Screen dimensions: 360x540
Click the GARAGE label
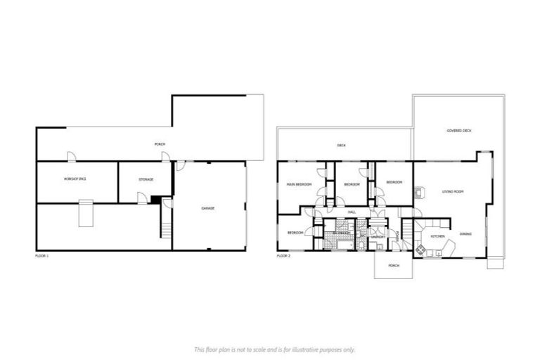[208, 209]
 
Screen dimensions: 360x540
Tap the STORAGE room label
[146, 180]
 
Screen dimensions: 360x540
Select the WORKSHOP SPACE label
[75, 180]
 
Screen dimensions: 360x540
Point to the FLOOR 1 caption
[42, 256]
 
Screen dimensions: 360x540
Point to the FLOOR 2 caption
[284, 256]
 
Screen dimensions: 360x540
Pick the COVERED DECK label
[459, 131]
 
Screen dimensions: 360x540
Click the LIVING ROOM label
[452, 191]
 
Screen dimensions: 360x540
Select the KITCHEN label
[437, 237]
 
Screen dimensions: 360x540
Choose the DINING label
[465, 233]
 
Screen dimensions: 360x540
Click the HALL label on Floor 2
[352, 211]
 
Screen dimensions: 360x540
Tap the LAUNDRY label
[376, 237]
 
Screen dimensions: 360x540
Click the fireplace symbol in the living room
[420, 191]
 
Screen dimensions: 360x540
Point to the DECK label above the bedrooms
[341, 146]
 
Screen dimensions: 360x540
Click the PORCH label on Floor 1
[160, 145]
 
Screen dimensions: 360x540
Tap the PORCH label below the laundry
[394, 266]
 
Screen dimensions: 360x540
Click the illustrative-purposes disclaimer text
[274, 349]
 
